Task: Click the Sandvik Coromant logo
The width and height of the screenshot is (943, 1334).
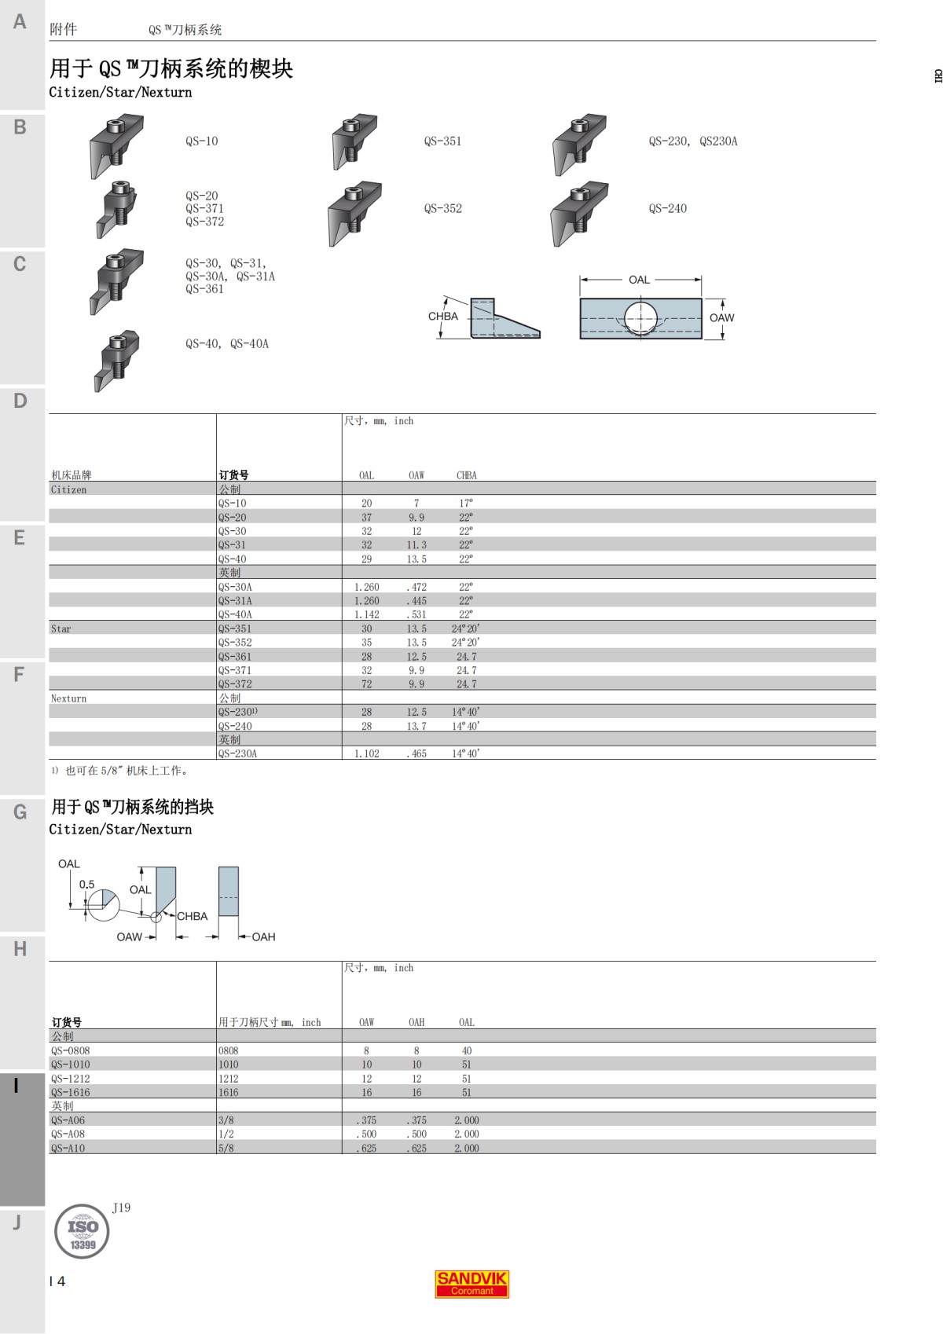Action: [472, 1284]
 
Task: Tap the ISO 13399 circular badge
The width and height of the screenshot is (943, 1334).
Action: [82, 1231]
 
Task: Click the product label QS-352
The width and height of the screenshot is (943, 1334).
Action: [442, 209]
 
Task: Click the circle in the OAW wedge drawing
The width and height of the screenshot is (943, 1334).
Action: [640, 318]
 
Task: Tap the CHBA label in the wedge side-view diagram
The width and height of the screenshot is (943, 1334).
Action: [442, 317]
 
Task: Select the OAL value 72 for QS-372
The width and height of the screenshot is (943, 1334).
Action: [366, 684]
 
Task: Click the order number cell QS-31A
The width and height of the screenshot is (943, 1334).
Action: [235, 601]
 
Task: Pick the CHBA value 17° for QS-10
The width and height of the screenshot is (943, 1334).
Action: [466, 504]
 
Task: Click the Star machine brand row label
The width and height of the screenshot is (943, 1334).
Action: [61, 629]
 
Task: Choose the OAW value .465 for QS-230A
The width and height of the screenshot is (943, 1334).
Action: [416, 754]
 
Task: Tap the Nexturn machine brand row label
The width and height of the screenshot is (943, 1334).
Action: [68, 698]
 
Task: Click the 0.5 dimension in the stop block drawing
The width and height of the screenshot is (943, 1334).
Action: [86, 885]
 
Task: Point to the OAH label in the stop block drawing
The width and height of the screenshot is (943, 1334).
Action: [263, 937]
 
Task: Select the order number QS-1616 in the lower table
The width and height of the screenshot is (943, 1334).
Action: [71, 1093]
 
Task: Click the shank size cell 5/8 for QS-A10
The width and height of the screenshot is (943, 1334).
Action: [226, 1149]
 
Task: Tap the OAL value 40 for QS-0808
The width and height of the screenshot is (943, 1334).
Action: [467, 1051]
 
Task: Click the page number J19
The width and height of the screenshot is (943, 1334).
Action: [121, 1208]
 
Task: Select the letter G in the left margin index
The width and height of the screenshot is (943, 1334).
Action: [20, 812]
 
